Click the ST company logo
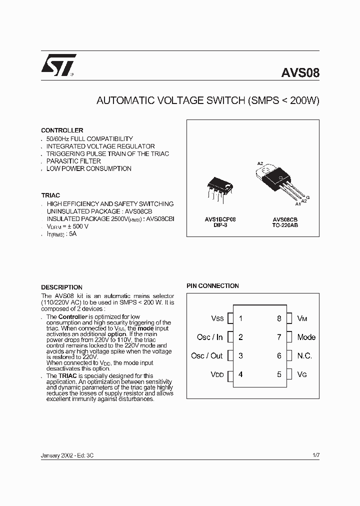point(58,64)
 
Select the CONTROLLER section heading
point(62,130)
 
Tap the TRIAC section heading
point(50,195)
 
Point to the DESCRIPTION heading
point(61,287)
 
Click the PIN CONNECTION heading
point(212,286)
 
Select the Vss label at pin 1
point(217,318)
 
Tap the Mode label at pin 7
point(306,337)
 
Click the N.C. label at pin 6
point(304,355)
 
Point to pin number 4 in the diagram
point(240,374)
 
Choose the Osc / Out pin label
point(206,355)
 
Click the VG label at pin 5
point(302,374)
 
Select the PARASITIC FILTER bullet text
point(73,161)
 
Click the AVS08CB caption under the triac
point(285,219)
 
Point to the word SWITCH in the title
point(224,100)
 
